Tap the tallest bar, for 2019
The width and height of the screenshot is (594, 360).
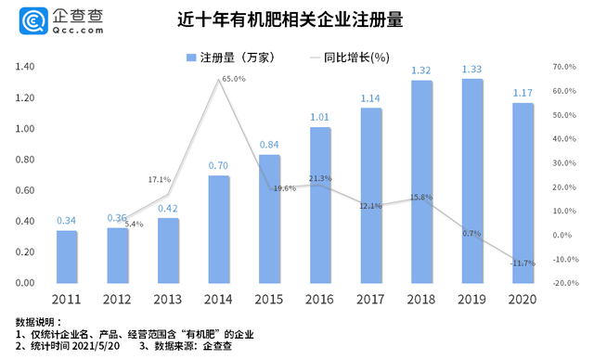coord(473,180)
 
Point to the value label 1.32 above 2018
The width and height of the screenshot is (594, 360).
coord(422,71)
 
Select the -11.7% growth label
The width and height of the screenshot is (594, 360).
coord(522,264)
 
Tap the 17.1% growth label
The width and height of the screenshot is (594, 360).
coord(159,179)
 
